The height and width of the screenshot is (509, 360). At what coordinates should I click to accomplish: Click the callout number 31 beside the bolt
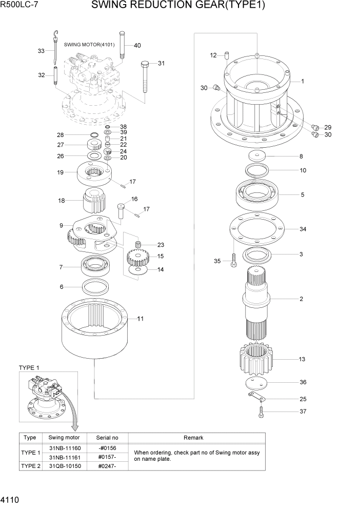(161, 63)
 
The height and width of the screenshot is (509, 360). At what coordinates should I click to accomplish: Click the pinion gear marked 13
(255, 359)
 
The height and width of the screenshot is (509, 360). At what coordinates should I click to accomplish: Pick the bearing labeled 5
(256, 194)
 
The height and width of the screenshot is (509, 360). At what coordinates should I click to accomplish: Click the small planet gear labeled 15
(137, 256)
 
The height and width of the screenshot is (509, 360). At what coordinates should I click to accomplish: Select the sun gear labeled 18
(93, 202)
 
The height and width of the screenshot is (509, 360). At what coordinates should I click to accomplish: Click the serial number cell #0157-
(107, 457)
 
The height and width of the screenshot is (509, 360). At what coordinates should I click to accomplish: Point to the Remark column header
(193, 438)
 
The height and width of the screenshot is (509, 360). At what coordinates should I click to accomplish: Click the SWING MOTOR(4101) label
(89, 44)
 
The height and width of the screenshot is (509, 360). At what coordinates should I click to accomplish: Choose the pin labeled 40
(123, 45)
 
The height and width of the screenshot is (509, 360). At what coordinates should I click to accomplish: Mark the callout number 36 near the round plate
(303, 382)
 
